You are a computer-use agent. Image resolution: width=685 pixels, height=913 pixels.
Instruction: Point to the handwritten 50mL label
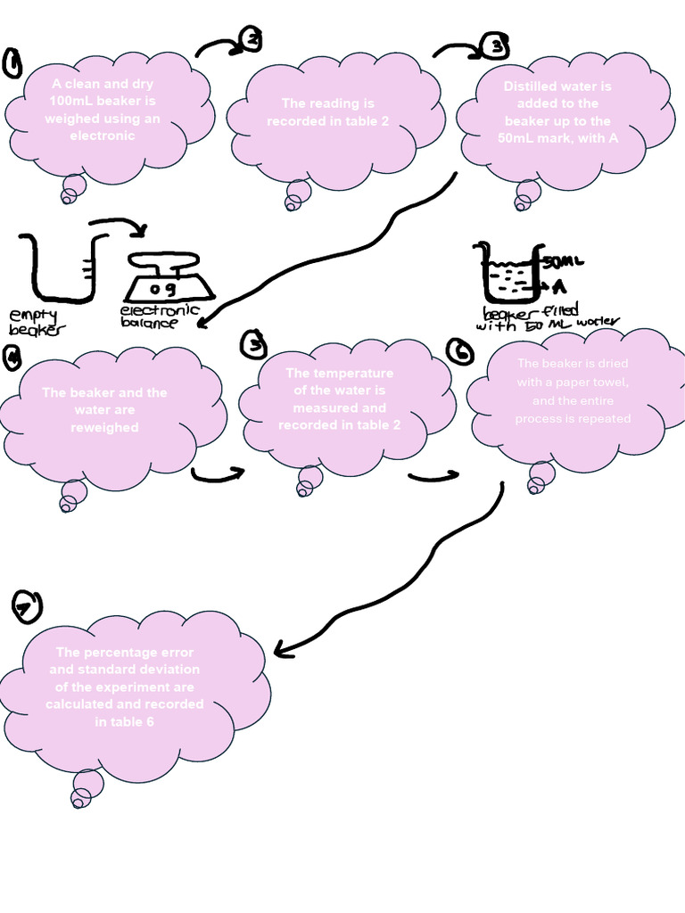pos(561,262)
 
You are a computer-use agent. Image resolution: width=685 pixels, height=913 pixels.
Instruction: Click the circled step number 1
pos(12,64)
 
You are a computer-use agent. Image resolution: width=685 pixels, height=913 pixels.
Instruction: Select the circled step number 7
pos(27,607)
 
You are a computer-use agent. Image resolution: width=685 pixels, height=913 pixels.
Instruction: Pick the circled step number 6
pos(461,353)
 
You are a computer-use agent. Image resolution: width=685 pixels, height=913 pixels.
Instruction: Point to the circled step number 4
pos(12,357)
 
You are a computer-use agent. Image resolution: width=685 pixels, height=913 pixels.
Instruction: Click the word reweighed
pos(104,428)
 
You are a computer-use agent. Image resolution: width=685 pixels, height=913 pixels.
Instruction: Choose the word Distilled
pos(531,86)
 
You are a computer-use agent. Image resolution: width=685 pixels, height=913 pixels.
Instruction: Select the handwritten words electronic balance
pos(160,317)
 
